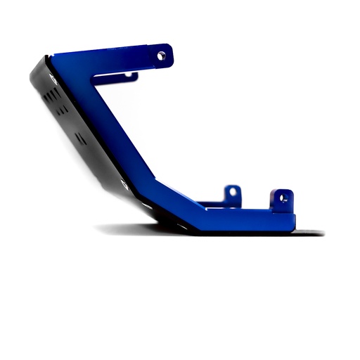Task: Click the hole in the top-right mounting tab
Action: point(161,55)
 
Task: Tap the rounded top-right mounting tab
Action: point(164,54)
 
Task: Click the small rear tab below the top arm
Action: point(129,75)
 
